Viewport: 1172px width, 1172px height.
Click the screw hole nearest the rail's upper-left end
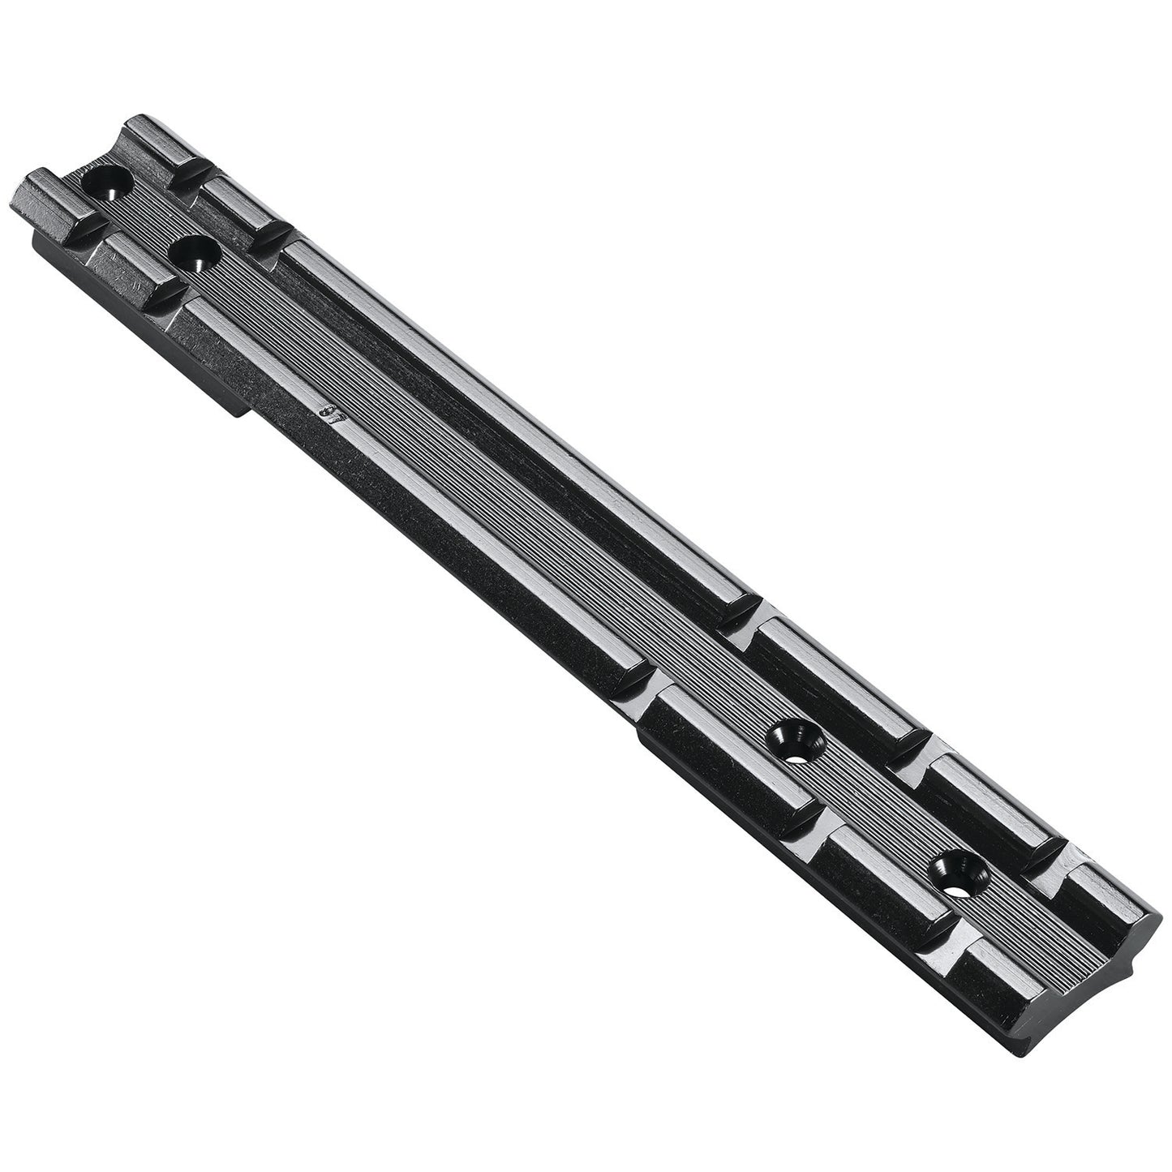(x=109, y=186)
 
